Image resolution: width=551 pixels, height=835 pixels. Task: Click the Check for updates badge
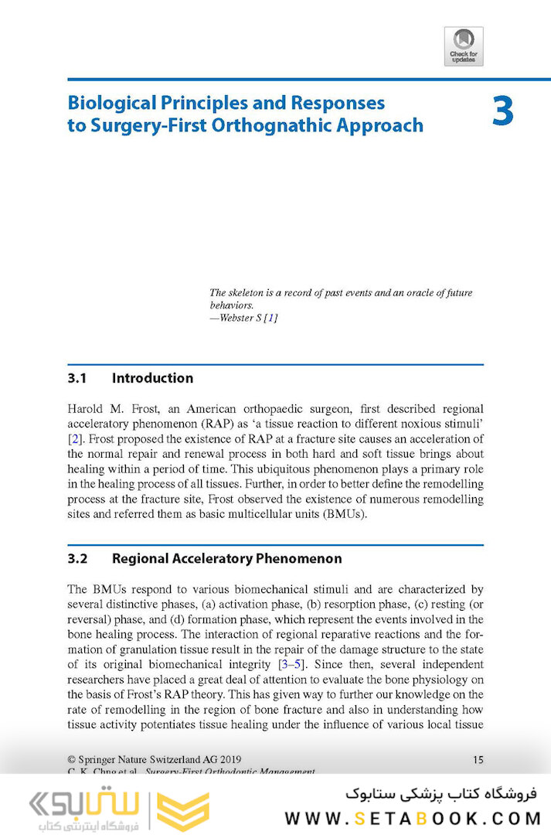464,46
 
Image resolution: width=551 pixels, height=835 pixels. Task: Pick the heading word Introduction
152,378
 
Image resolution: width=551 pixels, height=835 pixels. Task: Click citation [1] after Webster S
270,319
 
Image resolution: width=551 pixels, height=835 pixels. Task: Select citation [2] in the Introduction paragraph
75,439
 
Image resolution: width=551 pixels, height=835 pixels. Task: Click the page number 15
478,760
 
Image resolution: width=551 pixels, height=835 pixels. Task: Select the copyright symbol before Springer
72,760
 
